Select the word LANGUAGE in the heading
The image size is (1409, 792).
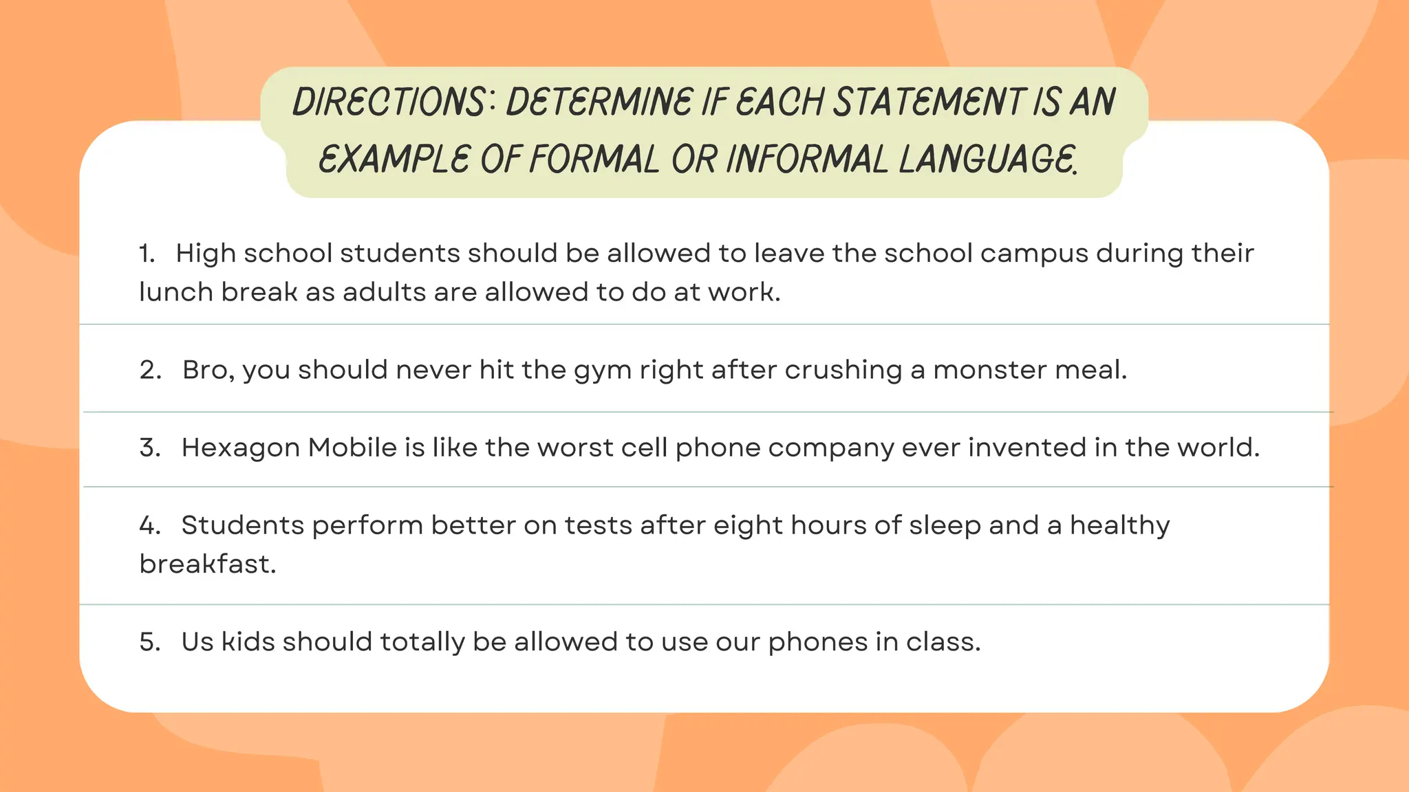click(x=987, y=159)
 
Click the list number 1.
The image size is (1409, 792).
click(x=147, y=254)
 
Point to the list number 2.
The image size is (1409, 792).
click(x=150, y=371)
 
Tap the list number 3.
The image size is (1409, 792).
click(x=150, y=448)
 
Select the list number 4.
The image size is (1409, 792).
click(x=150, y=526)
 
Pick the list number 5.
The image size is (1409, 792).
click(x=150, y=642)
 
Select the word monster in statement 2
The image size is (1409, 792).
click(x=990, y=371)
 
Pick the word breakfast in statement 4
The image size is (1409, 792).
click(x=207, y=564)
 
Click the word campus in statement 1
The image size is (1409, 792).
click(x=1034, y=254)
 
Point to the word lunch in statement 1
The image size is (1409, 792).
click(x=175, y=292)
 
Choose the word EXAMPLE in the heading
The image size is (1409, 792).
click(x=394, y=159)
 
